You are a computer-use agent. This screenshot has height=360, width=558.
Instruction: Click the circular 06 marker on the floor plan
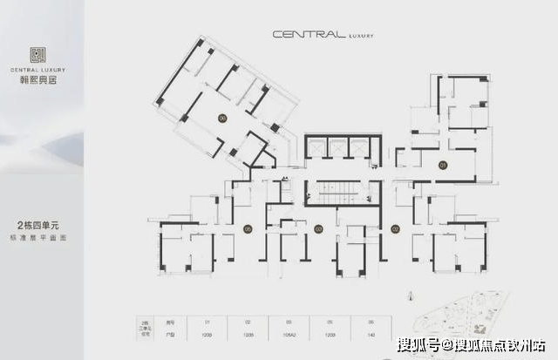[223, 118]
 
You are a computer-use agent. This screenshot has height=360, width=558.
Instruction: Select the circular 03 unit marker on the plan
[319, 229]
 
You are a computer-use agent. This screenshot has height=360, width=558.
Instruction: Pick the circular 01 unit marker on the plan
[443, 163]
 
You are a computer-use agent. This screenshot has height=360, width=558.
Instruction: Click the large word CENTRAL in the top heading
[303, 35]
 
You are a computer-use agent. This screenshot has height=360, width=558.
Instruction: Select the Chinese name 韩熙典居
[38, 78]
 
